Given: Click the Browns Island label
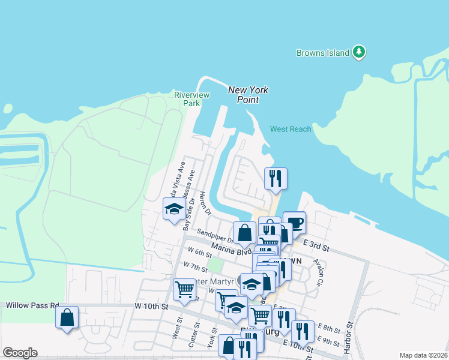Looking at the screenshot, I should click(323, 53).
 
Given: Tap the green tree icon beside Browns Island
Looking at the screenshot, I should click(359, 52).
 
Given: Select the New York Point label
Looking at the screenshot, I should click(248, 95).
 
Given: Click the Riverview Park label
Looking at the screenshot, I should click(191, 99).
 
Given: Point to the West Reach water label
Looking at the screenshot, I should click(291, 129).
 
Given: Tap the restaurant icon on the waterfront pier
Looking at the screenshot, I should click(276, 178).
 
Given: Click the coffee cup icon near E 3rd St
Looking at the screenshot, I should click(294, 223).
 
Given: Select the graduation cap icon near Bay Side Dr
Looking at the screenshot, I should click(174, 209).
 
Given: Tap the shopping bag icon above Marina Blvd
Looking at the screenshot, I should click(245, 233).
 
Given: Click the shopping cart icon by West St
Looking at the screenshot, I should click(184, 289).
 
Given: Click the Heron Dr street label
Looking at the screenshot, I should click(206, 204).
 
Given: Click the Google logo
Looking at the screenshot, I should click(20, 353).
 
